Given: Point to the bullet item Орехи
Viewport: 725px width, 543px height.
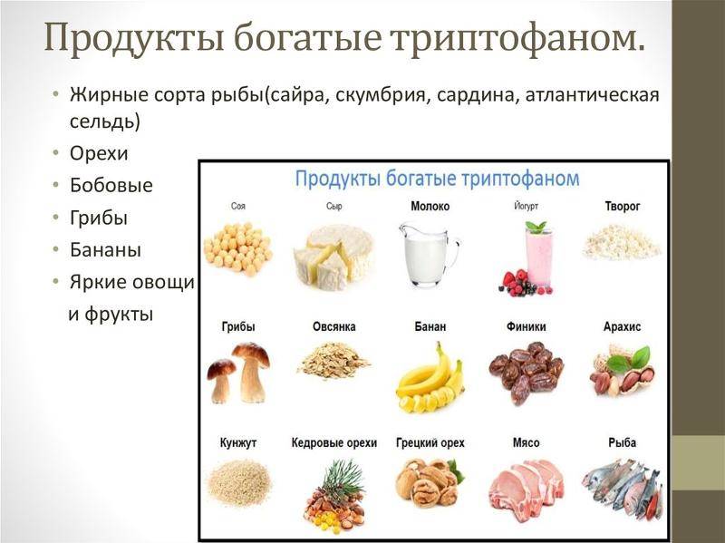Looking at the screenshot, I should [x=99, y=154].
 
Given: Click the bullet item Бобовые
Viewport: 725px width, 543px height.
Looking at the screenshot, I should [x=111, y=186].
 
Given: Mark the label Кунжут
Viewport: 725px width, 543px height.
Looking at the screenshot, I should [x=238, y=443].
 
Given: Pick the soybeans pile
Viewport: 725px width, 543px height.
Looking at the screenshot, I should [x=237, y=247].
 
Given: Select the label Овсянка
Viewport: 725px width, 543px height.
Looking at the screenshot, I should [x=334, y=326].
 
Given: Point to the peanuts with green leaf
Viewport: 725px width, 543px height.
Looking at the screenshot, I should [x=622, y=372].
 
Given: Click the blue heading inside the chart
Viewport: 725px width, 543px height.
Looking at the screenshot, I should [x=437, y=177].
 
